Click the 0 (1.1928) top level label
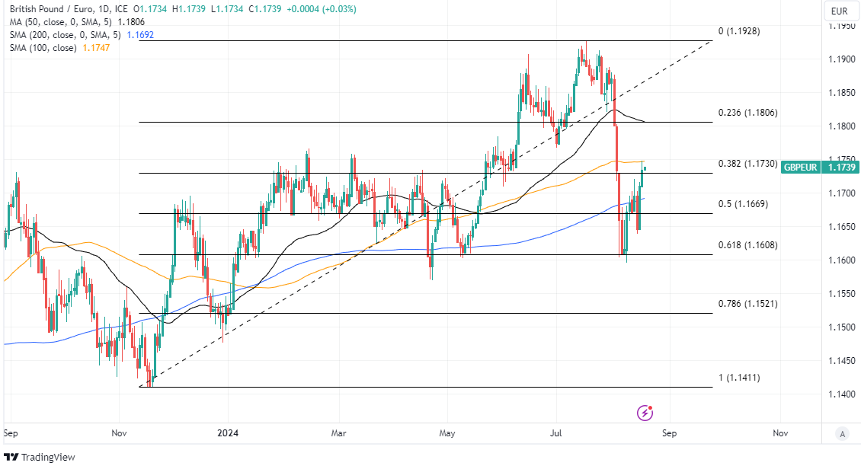tap(739, 31)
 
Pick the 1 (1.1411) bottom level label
tap(739, 378)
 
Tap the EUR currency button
tap(840, 11)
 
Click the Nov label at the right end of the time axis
tap(779, 433)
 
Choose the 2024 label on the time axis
tap(228, 433)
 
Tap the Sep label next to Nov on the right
tap(669, 433)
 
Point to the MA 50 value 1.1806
tap(151, 22)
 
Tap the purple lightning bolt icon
tap(645, 413)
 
